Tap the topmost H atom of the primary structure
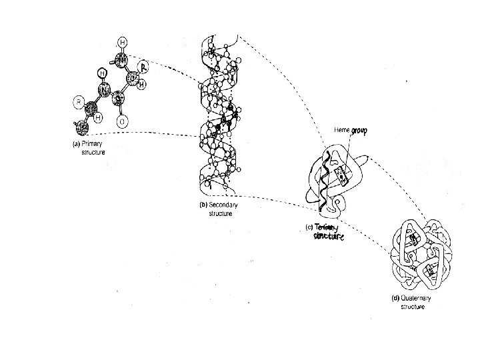point(122,41)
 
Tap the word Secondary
point(223,205)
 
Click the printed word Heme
point(342,130)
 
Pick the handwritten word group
point(359,131)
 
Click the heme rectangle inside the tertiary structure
point(340,175)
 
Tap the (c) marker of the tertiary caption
point(309,227)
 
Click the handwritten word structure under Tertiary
point(329,237)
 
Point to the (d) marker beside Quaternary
point(394,298)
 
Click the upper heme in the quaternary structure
point(414,238)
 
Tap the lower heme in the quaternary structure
point(430,271)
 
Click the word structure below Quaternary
point(412,306)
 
